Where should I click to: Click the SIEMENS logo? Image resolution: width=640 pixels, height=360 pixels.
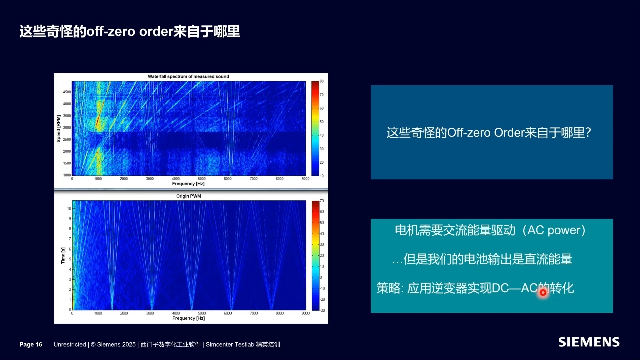click(x=589, y=342)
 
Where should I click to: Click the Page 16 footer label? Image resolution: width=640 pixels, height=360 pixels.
click(x=31, y=344)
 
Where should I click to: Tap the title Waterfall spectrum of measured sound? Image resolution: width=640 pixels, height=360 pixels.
click(x=188, y=76)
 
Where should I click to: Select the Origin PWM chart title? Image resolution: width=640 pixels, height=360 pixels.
click(x=188, y=196)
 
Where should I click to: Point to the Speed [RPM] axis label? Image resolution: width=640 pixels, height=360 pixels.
click(x=59, y=129)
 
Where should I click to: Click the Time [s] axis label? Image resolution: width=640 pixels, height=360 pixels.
click(x=63, y=256)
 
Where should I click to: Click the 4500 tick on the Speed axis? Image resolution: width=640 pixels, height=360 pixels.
click(x=67, y=92)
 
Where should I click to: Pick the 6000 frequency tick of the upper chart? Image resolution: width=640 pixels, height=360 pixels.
click(x=228, y=179)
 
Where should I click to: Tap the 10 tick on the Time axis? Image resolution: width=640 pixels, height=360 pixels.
click(x=69, y=209)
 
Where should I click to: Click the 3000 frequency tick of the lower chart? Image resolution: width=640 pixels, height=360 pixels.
click(x=150, y=313)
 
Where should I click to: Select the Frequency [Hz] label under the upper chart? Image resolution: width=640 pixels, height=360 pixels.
click(x=188, y=184)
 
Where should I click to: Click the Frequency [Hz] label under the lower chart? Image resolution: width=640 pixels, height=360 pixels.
click(x=188, y=318)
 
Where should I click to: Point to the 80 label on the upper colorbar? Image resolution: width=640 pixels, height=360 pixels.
click(x=322, y=81)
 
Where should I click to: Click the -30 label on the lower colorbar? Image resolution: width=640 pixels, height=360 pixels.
click(x=322, y=310)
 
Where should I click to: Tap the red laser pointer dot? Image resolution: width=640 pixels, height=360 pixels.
click(x=543, y=293)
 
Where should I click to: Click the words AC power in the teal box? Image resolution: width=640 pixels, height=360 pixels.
click(x=554, y=230)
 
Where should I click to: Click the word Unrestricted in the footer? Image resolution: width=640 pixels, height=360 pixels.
click(x=70, y=344)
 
